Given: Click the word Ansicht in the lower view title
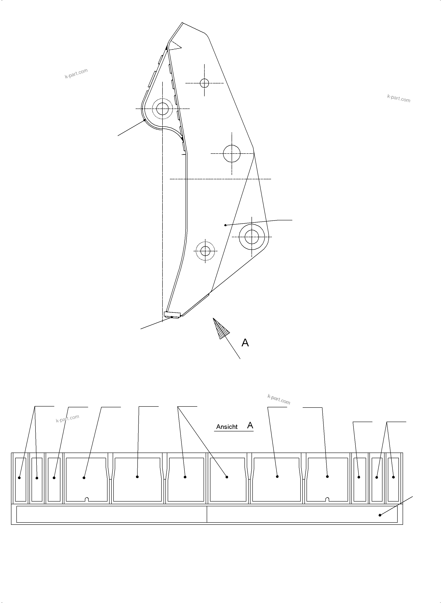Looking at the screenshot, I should (227, 427).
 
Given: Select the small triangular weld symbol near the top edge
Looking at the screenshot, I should (175, 46).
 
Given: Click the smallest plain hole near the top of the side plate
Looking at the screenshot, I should (204, 83).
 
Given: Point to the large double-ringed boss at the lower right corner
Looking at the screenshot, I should (252, 237).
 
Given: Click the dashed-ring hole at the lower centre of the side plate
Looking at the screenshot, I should (205, 251).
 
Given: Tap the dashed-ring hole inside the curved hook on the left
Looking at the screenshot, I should (162, 109).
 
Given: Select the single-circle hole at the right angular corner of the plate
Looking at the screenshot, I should (232, 154).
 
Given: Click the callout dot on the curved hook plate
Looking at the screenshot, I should (144, 120).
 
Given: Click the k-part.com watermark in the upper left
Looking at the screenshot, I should (76, 73).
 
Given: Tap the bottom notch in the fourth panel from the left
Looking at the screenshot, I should (87, 499).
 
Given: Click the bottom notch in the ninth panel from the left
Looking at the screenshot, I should (327, 499).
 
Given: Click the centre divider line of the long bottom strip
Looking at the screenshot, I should (207, 514).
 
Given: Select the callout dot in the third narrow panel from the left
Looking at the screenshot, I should (54, 478).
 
